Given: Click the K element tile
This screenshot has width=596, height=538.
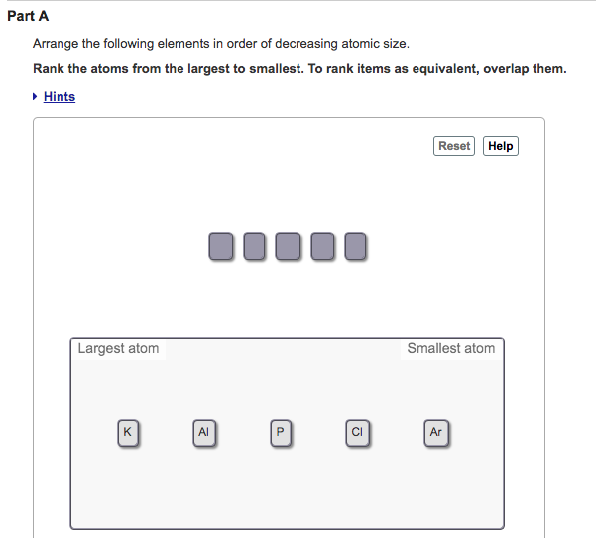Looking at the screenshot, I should coord(127,432).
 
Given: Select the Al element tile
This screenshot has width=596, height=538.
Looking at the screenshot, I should coord(204,432).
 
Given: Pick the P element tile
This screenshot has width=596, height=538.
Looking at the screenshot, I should coord(281,432).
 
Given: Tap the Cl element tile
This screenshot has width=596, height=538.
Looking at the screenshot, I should coord(358,432).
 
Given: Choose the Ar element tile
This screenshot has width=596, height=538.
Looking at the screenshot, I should coord(436,432).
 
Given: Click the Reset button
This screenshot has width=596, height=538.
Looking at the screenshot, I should coord(454,146).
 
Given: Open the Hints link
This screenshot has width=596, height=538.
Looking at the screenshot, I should coord(60,96).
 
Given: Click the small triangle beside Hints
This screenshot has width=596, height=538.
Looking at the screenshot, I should coord(36,96).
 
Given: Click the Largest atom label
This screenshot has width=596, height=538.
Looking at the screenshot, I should coord(118,348).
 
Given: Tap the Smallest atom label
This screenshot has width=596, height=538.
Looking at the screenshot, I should coord(450,348).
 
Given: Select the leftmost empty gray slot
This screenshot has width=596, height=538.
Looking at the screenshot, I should coord(221,246).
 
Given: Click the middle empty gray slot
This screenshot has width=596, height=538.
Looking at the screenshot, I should coord(288,246).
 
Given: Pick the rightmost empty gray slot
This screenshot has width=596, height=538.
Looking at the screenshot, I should coord(355,246).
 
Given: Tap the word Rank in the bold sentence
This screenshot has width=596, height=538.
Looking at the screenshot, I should coord(50,69).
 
